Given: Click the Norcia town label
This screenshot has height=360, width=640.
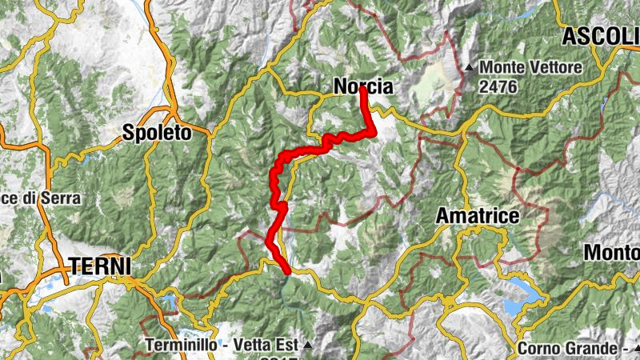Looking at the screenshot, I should pyautogui.click(x=363, y=86).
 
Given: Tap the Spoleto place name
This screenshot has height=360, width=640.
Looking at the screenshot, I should pyautogui.click(x=158, y=134).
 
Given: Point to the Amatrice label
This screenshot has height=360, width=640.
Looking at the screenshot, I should pyautogui.click(x=478, y=216).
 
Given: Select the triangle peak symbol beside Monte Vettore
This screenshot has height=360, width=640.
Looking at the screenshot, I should pyautogui.click(x=470, y=67).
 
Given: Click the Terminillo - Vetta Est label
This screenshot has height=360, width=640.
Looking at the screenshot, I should pyautogui.click(x=222, y=346).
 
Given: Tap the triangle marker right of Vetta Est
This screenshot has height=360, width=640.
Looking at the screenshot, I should pyautogui.click(x=306, y=346).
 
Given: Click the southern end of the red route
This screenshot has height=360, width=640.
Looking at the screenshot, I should pyautogui.click(x=286, y=272).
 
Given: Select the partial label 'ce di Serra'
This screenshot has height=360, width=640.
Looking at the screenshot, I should pyautogui.click(x=40, y=198).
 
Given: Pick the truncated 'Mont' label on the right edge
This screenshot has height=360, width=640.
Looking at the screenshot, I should pyautogui.click(x=612, y=252).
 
